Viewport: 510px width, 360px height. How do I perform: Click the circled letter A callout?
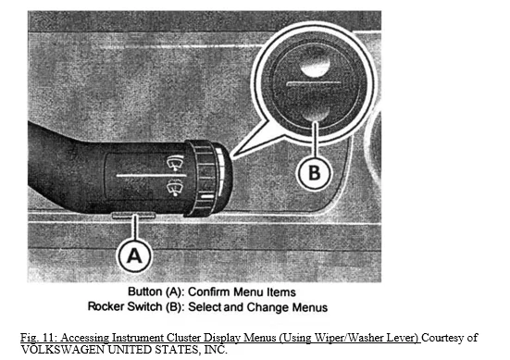click(x=134, y=255)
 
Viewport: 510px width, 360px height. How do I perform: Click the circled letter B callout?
click(x=314, y=172)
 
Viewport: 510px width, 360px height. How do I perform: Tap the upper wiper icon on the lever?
click(x=175, y=163)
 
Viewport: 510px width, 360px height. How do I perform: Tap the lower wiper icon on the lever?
click(x=175, y=188)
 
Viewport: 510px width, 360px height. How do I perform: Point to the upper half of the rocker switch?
click(x=314, y=64)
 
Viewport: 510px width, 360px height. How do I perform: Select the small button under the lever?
click(x=133, y=215)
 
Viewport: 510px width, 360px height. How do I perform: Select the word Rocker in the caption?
click(x=106, y=306)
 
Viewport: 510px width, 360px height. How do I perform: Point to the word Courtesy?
click(x=443, y=338)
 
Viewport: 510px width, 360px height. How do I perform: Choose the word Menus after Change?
click(x=310, y=307)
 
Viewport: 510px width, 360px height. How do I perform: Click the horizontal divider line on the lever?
click(x=152, y=176)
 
